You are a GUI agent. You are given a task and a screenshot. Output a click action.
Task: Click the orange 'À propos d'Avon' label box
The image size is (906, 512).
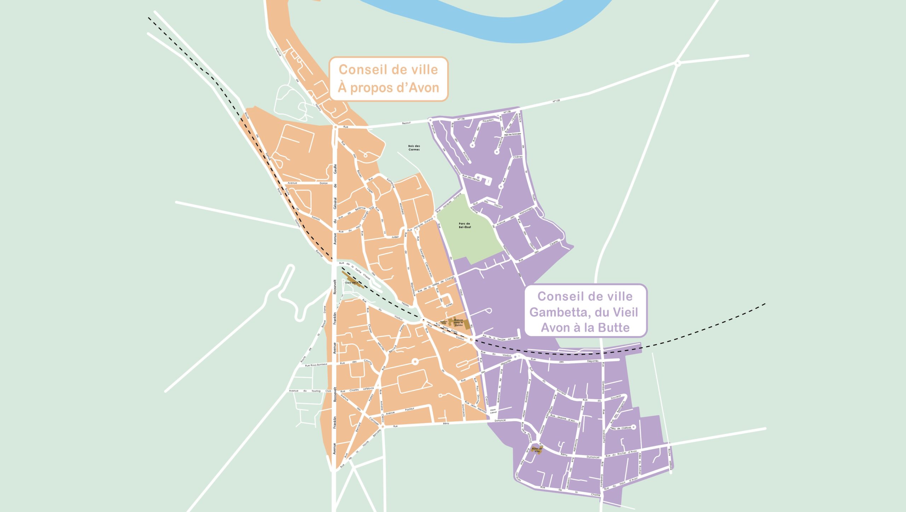(x=389, y=79)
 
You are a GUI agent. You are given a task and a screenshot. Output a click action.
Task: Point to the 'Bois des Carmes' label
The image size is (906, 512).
(x=414, y=148)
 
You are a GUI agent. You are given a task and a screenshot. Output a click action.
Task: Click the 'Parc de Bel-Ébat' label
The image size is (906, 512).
(x=465, y=225)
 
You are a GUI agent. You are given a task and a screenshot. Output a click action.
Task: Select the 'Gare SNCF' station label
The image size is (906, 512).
(x=351, y=283)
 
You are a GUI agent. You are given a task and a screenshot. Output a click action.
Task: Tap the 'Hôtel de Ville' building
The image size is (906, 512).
(x=537, y=450)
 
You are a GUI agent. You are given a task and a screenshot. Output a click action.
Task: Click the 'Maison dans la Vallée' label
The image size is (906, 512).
(x=458, y=322)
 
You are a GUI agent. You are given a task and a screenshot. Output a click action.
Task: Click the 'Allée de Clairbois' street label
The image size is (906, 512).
(x=620, y=428)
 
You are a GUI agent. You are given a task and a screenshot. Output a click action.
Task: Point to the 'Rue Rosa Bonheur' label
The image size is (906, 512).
(x=316, y=365)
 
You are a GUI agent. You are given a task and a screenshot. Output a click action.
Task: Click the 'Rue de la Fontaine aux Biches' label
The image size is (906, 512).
(x=501, y=338)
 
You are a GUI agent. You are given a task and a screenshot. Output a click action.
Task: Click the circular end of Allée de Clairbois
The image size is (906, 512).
(x=633, y=427)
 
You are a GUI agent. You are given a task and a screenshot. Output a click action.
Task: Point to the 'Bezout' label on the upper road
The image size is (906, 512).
(x=406, y=123)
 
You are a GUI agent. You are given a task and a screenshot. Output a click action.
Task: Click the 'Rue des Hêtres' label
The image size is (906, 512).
(x=471, y=178)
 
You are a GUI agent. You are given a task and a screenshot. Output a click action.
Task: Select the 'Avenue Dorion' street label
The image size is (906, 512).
(x=308, y=183)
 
